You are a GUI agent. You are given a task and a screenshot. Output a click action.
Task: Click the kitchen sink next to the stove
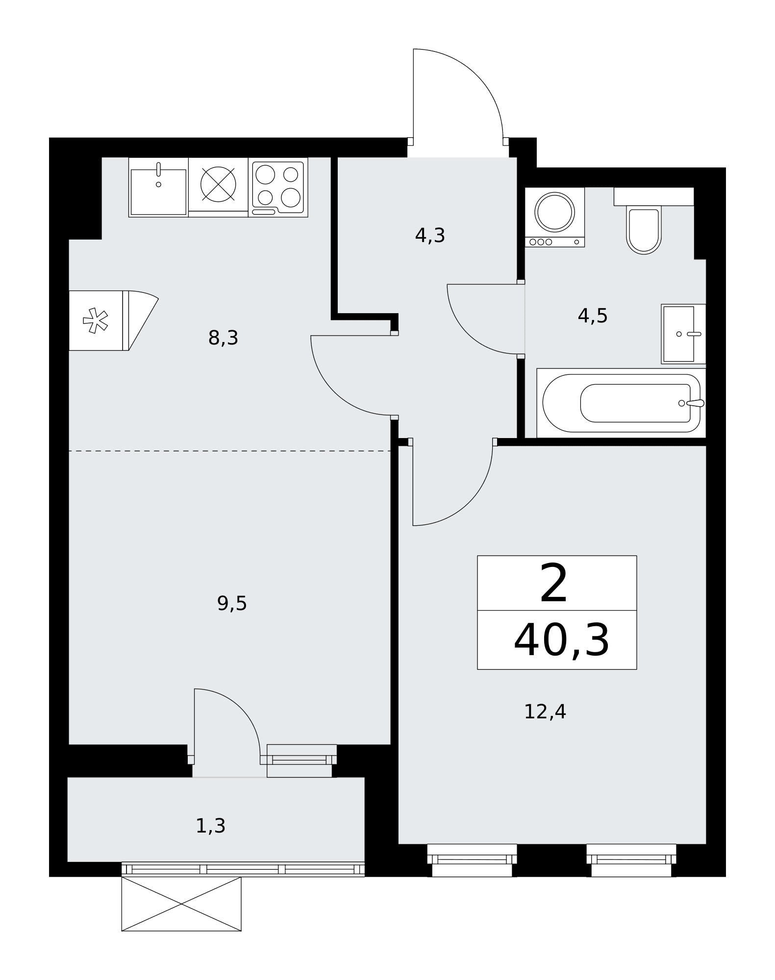(158, 187)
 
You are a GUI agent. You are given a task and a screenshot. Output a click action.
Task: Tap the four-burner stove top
(278, 187)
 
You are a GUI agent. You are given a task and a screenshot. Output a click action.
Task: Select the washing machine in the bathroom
(555, 217)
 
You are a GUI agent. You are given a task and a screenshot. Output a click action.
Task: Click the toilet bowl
(644, 230)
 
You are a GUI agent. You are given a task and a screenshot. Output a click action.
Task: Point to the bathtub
(621, 403)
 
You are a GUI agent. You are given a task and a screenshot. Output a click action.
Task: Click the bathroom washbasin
(683, 334)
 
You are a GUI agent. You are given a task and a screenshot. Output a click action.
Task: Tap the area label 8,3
(224, 338)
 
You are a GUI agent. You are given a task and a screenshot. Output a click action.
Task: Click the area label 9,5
(232, 603)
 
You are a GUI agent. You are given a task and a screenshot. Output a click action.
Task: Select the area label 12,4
(545, 711)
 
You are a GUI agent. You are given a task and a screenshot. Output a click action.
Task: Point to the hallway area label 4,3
(430, 236)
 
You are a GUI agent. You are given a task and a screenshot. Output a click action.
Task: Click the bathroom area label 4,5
(593, 316)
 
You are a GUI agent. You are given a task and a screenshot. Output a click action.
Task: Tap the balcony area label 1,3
(211, 826)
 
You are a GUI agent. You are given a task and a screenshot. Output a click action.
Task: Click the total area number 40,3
(562, 640)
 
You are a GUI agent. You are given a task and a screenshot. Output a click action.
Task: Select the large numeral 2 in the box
(554, 583)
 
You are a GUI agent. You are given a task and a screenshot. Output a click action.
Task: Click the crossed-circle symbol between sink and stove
(219, 184)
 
